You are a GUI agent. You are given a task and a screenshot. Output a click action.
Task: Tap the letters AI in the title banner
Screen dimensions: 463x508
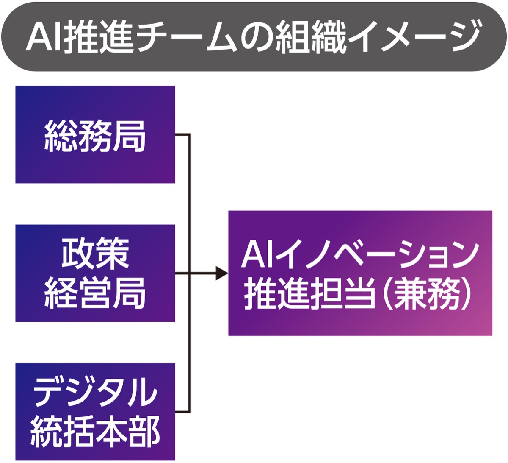pos(44,36)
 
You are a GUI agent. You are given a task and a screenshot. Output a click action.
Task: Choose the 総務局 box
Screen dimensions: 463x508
pos(95,135)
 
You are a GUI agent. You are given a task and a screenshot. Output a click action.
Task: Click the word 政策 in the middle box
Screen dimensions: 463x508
pos(95,254)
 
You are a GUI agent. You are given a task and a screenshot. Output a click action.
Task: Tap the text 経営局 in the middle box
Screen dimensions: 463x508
pos(95,293)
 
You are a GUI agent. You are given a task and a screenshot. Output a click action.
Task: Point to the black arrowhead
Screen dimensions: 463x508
pos(221,273)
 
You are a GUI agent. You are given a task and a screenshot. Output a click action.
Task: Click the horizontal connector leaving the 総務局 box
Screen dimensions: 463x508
pos(182,135)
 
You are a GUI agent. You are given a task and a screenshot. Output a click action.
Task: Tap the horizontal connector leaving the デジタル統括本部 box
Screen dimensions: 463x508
pos(182,412)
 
